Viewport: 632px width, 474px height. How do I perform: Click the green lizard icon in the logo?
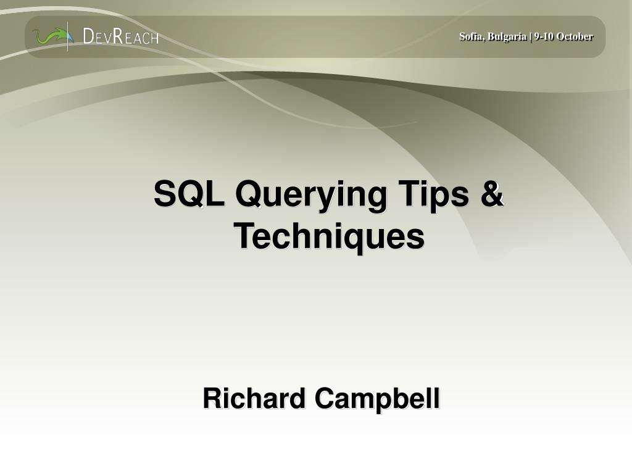click(51, 36)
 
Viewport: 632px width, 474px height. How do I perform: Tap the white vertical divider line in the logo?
click(68, 36)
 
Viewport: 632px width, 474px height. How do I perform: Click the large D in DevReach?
click(88, 36)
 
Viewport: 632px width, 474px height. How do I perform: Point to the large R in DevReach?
click(118, 36)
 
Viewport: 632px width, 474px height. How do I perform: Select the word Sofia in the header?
click(471, 36)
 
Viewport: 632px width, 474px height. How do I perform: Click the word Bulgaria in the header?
click(507, 36)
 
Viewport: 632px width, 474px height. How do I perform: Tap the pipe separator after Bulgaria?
click(530, 36)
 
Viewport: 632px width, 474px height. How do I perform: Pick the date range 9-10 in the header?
click(544, 36)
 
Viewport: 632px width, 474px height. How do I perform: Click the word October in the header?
click(575, 36)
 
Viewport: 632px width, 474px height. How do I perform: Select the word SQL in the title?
click(189, 194)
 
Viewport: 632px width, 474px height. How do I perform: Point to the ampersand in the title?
click(492, 194)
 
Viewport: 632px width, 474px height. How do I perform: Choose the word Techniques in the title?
click(329, 237)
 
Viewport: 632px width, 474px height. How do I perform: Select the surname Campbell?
click(378, 400)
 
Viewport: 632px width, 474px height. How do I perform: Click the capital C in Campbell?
click(325, 399)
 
